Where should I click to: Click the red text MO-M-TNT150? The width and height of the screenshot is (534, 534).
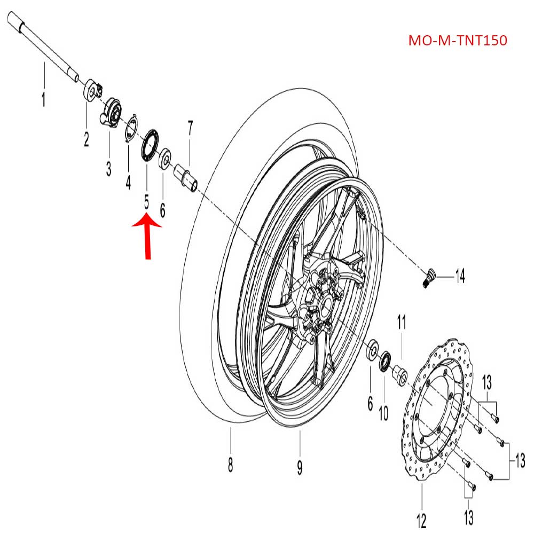(457, 41)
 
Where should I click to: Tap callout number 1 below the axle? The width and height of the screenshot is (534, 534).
(44, 100)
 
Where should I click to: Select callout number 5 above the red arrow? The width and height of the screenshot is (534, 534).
(146, 202)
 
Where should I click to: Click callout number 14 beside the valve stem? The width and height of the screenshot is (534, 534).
(459, 276)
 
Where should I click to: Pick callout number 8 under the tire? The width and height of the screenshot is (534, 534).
(230, 466)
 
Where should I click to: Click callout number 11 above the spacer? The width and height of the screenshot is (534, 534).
(401, 323)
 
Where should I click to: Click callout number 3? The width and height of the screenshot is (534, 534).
(108, 169)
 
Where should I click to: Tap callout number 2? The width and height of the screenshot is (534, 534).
(86, 139)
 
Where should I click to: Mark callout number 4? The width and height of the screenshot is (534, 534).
(128, 183)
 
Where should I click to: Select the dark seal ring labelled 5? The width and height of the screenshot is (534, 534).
(150, 143)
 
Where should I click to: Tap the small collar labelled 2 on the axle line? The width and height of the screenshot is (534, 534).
(92, 90)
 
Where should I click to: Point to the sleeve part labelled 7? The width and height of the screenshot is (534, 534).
(188, 177)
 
